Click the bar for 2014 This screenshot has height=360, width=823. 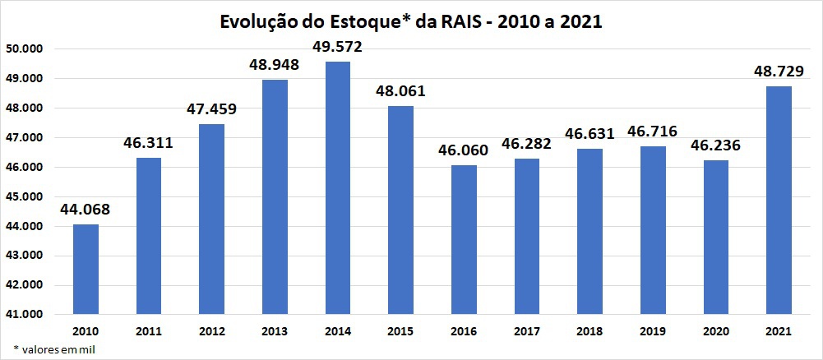(x=338, y=187)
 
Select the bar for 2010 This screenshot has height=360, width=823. (x=86, y=269)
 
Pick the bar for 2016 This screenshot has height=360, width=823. (x=464, y=239)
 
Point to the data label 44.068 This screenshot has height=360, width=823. (x=85, y=210)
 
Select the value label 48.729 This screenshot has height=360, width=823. (x=778, y=72)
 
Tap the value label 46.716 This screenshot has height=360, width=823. (x=652, y=132)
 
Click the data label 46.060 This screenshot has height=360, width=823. (x=464, y=150)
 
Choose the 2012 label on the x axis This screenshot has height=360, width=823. (x=211, y=331)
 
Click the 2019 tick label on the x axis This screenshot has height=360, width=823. (x=652, y=331)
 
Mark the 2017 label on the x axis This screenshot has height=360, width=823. (x=526, y=331)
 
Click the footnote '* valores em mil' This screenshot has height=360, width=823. (x=49, y=349)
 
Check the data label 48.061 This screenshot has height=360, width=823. (x=400, y=91)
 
